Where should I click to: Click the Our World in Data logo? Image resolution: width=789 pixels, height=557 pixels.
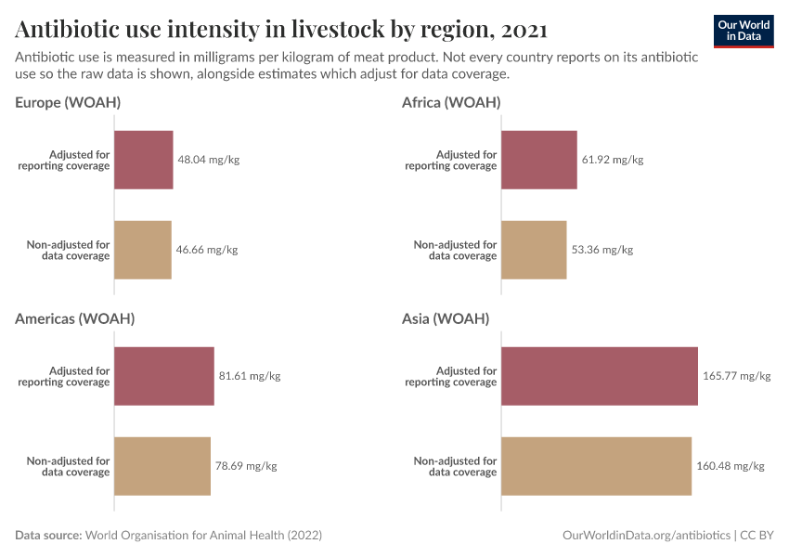743,31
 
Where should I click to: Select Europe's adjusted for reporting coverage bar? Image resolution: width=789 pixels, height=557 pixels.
144,160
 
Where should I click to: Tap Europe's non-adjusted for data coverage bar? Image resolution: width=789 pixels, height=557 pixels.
143,250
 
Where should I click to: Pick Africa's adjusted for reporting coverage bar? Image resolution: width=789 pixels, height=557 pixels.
539,160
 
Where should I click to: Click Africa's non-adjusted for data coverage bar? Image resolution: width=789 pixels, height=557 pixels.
534,250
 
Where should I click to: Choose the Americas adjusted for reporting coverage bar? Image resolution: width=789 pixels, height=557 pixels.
164,376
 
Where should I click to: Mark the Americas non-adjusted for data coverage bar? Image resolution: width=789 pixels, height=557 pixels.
162,466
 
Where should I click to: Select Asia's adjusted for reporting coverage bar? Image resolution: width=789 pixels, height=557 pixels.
600,376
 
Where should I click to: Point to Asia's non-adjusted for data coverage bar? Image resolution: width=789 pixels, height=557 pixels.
597,466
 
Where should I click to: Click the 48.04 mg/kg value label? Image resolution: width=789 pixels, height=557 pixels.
209,160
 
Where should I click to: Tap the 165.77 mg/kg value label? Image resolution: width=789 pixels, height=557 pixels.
737,376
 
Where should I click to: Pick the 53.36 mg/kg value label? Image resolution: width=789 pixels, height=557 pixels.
602,250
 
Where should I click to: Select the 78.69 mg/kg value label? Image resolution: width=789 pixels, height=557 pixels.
246,466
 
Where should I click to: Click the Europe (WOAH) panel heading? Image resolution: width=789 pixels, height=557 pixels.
68,102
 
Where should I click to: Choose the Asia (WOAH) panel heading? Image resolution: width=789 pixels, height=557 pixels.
446,318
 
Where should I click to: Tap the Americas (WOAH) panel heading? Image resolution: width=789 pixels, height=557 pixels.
75,318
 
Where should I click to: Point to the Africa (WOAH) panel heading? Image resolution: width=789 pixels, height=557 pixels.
451,102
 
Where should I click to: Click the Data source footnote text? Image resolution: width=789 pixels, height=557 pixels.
169,536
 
